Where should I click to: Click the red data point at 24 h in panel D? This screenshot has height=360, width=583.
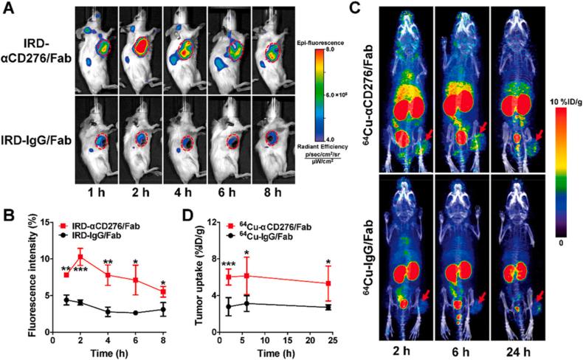tap(327, 283)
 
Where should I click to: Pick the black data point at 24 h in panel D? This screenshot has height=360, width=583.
tap(327, 307)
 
